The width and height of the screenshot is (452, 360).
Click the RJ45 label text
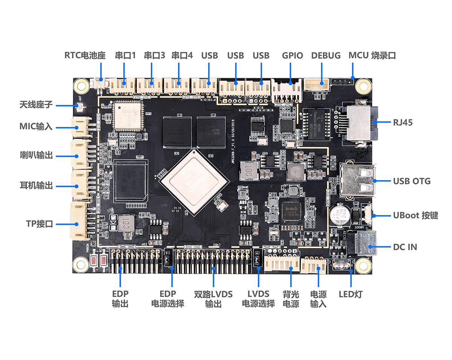click(x=402, y=122)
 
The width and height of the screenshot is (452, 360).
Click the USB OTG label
click(x=412, y=181)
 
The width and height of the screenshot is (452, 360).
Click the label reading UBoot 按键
click(x=415, y=216)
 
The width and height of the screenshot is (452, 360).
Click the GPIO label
click(x=292, y=56)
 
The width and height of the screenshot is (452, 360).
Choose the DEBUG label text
click(x=326, y=56)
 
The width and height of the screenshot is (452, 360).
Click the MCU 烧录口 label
click(x=372, y=56)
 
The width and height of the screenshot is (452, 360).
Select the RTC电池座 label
click(x=85, y=56)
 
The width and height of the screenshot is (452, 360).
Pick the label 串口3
click(x=154, y=56)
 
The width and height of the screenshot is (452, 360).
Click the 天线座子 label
click(x=36, y=104)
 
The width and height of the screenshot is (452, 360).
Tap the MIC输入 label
click(x=36, y=126)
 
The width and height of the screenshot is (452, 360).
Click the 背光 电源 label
click(x=291, y=299)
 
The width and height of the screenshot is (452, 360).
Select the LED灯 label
click(x=350, y=294)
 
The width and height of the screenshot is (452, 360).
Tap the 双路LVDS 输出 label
click(x=213, y=299)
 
